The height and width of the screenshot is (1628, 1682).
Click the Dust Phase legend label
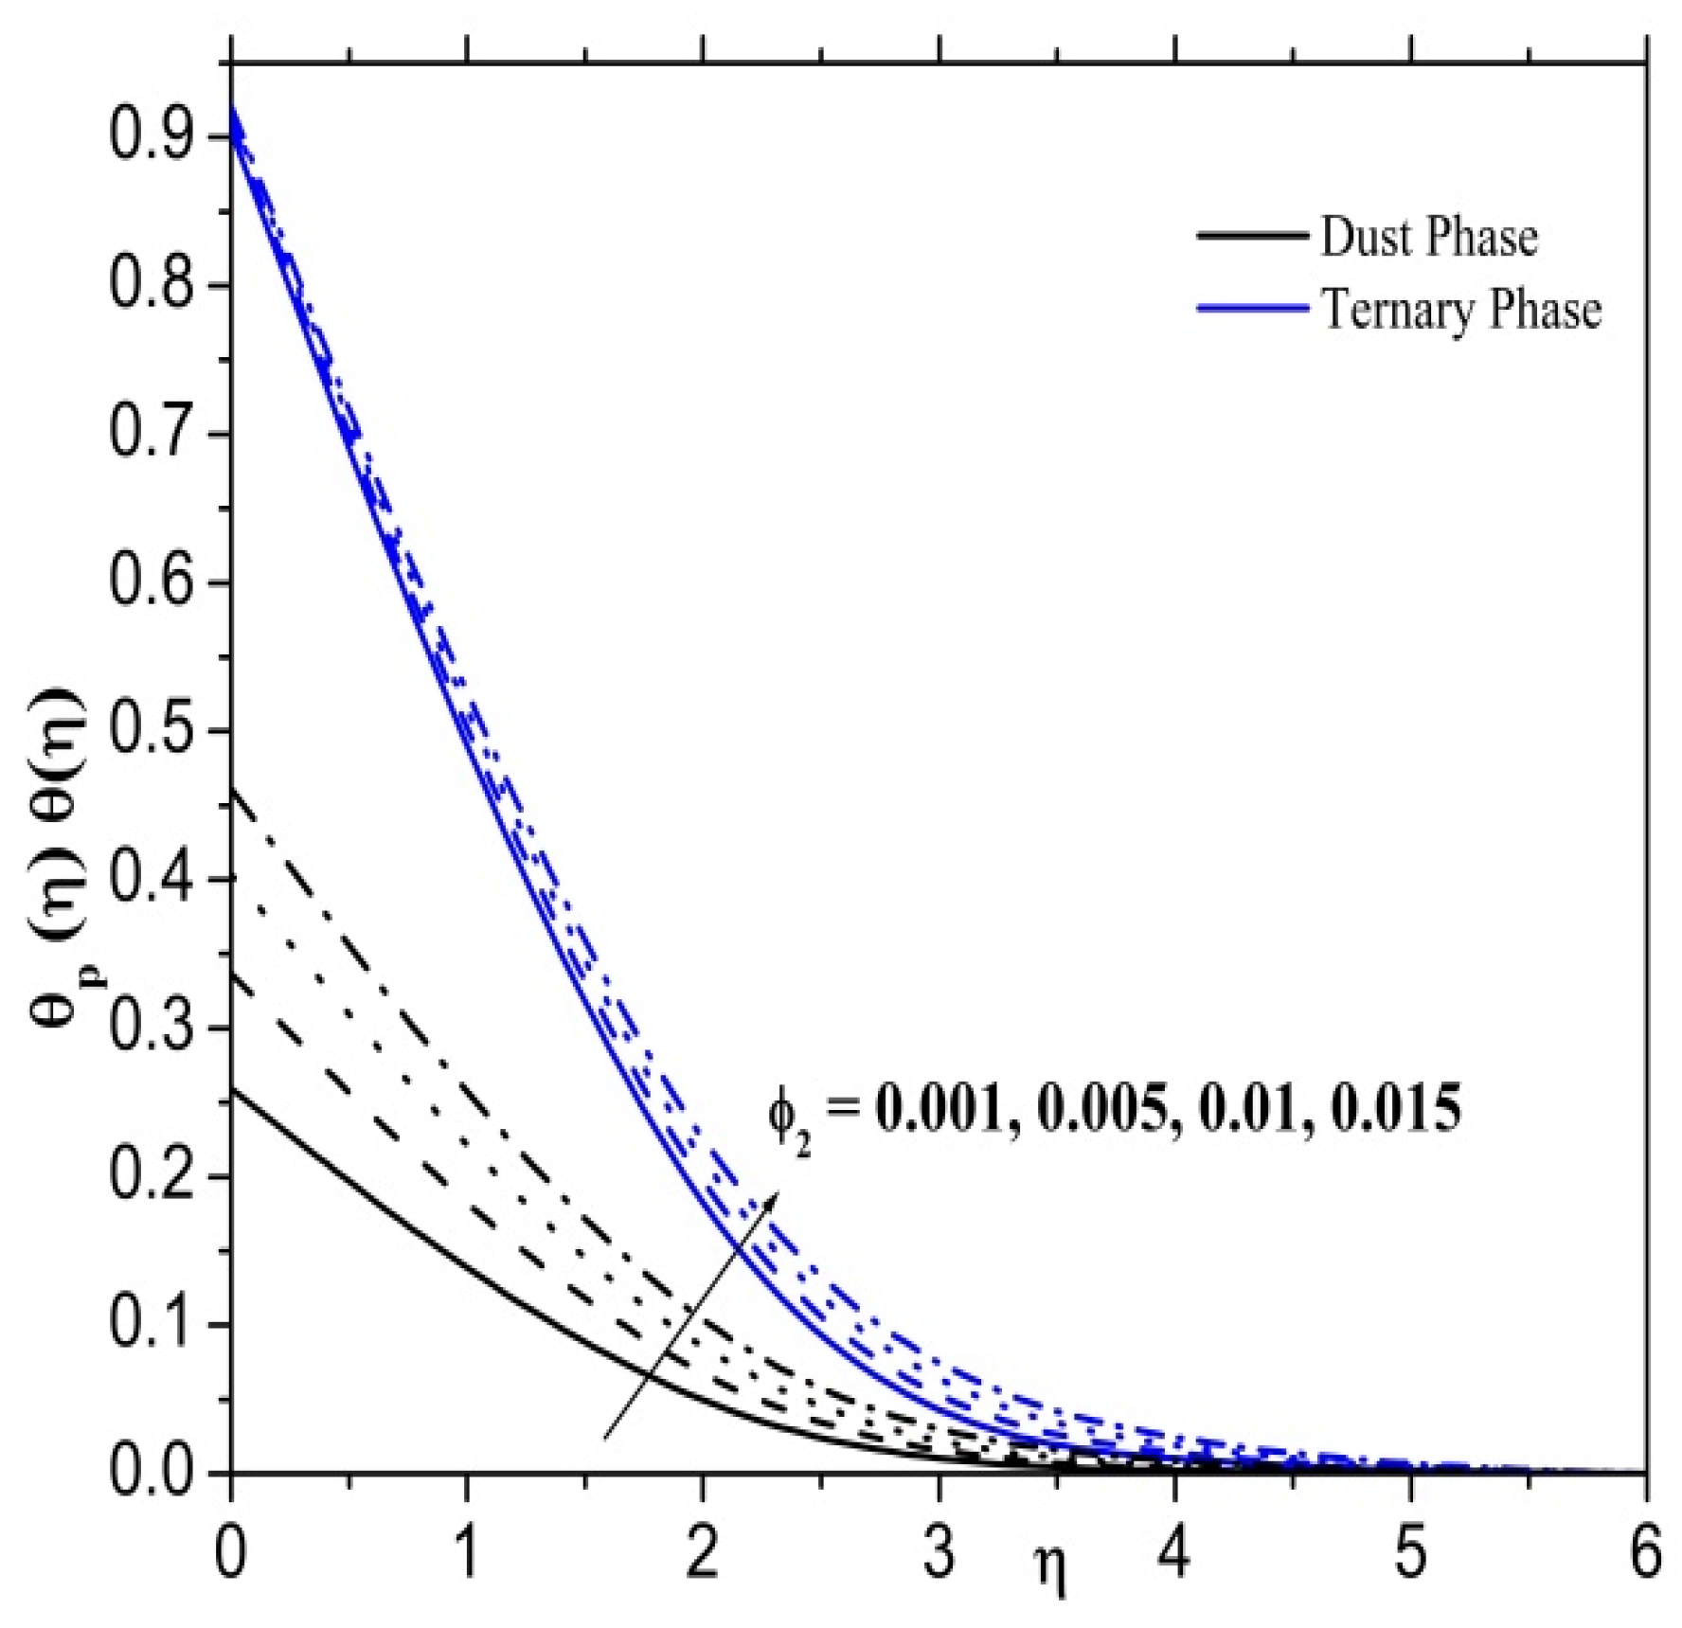(1428, 237)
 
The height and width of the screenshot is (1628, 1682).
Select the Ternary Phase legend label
(1460, 309)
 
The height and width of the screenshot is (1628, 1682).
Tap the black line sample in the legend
(1251, 235)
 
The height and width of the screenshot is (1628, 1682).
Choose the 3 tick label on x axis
(939, 1554)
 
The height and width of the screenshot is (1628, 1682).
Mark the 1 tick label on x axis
(467, 1554)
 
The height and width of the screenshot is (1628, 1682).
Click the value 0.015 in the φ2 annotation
(1396, 1108)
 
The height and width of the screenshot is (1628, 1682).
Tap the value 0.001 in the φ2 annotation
(938, 1108)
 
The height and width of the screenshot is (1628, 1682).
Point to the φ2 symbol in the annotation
(788, 1116)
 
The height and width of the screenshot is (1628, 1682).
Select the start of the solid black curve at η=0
(233, 1089)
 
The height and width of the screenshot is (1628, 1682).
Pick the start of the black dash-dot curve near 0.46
(233, 790)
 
